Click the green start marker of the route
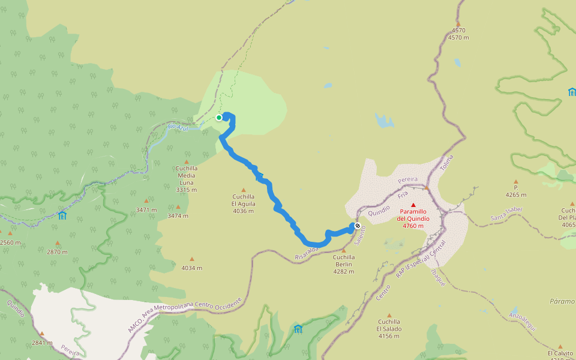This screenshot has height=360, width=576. [219, 118]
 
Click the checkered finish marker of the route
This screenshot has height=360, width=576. [358, 226]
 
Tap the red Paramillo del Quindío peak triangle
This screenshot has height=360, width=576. [413, 205]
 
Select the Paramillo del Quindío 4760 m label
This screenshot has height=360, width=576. [413, 215]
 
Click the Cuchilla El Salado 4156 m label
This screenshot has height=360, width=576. [389, 328]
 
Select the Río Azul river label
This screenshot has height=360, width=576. [178, 128]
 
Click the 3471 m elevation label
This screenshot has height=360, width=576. [146, 210]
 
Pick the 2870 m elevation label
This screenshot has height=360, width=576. [58, 252]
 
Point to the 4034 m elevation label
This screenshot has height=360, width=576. [192, 268]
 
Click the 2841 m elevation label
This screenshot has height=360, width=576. [41, 343]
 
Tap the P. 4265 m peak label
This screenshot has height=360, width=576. [515, 191]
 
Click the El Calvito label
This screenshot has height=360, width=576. [560, 353]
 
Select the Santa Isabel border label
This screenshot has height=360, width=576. [506, 213]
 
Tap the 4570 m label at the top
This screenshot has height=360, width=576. [458, 34]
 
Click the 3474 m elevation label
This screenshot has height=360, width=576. [178, 215]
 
